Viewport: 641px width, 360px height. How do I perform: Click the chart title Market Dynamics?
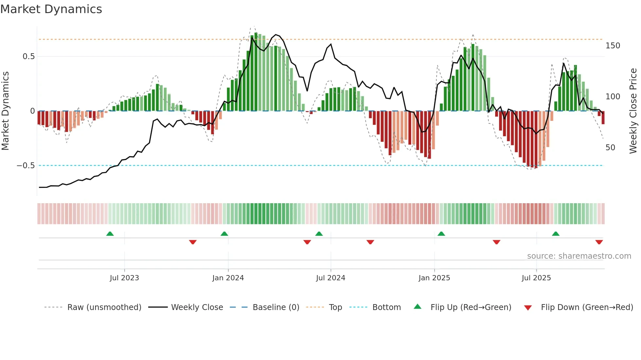pyautogui.click(x=51, y=9)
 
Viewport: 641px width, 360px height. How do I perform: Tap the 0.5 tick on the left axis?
pyautogui.click(x=28, y=57)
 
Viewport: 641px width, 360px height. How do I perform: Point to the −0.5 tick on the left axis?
pyautogui.click(x=26, y=166)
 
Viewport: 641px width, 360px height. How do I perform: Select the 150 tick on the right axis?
pyautogui.click(x=613, y=46)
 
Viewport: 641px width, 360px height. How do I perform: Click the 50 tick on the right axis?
pyautogui.click(x=610, y=148)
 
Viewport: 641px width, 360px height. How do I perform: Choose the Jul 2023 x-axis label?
pyautogui.click(x=124, y=278)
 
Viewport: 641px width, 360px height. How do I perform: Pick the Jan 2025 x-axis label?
pyautogui.click(x=434, y=278)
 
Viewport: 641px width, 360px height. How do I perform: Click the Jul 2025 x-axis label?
pyautogui.click(x=536, y=278)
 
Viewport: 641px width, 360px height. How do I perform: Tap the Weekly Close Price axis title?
pyautogui.click(x=633, y=111)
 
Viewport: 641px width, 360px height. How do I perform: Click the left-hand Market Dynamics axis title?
pyautogui.click(x=5, y=111)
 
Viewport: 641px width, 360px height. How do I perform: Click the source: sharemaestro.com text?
pyautogui.click(x=579, y=256)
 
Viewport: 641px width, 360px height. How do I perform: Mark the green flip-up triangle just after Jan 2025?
pyautogui.click(x=441, y=234)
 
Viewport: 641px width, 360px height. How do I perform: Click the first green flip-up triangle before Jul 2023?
pyautogui.click(x=110, y=234)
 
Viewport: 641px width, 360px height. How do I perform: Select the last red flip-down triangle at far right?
pyautogui.click(x=599, y=242)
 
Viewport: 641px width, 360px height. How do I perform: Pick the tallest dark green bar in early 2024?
pyautogui.click(x=256, y=72)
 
